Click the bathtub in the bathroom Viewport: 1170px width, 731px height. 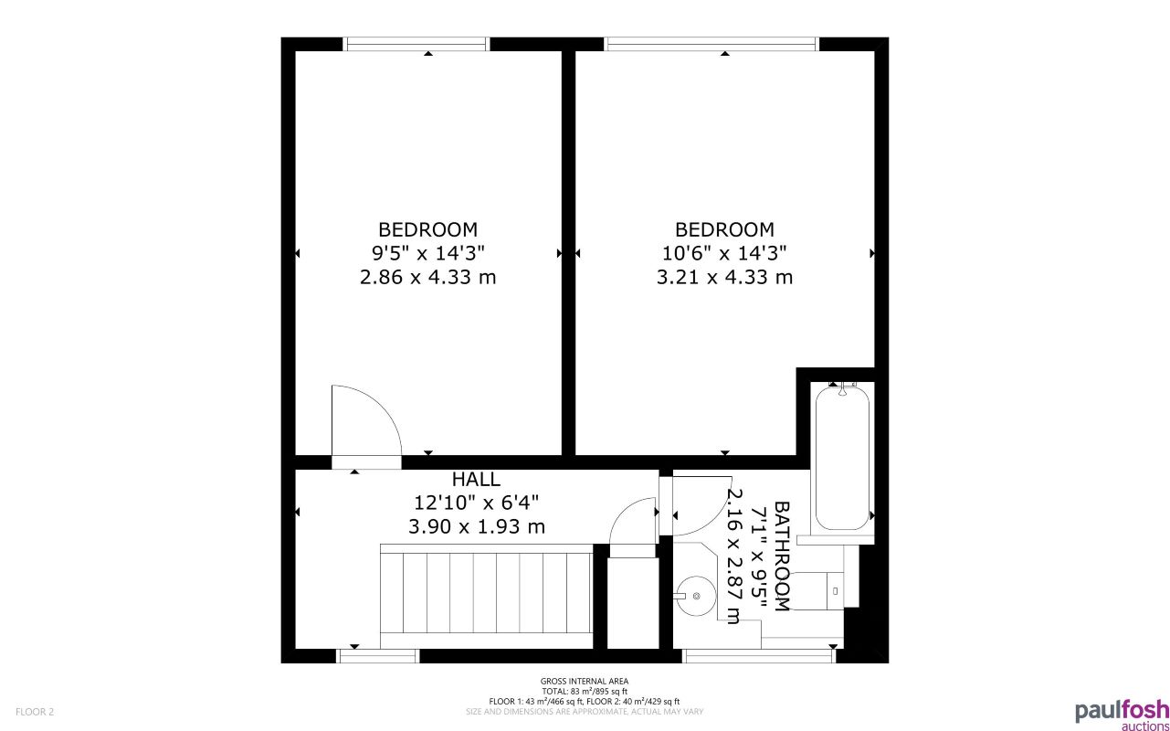[x=842, y=457]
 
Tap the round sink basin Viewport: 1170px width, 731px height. [x=697, y=596]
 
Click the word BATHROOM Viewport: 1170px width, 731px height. [x=782, y=556]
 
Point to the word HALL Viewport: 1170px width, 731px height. [x=476, y=479]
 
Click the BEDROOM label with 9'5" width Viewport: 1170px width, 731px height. [x=427, y=229]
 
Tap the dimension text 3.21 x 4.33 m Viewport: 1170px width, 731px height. [x=724, y=277]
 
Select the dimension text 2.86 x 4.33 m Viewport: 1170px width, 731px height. [x=427, y=277]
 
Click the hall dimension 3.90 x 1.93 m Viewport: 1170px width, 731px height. [x=476, y=526]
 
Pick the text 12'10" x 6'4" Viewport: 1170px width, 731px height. [x=476, y=503]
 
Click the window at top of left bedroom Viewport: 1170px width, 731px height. [x=416, y=43]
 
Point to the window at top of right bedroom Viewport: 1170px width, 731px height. [x=711, y=43]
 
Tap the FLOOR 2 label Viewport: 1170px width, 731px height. [x=35, y=711]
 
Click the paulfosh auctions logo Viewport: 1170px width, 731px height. [x=1122, y=714]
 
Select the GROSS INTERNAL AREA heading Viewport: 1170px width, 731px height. [x=585, y=681]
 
